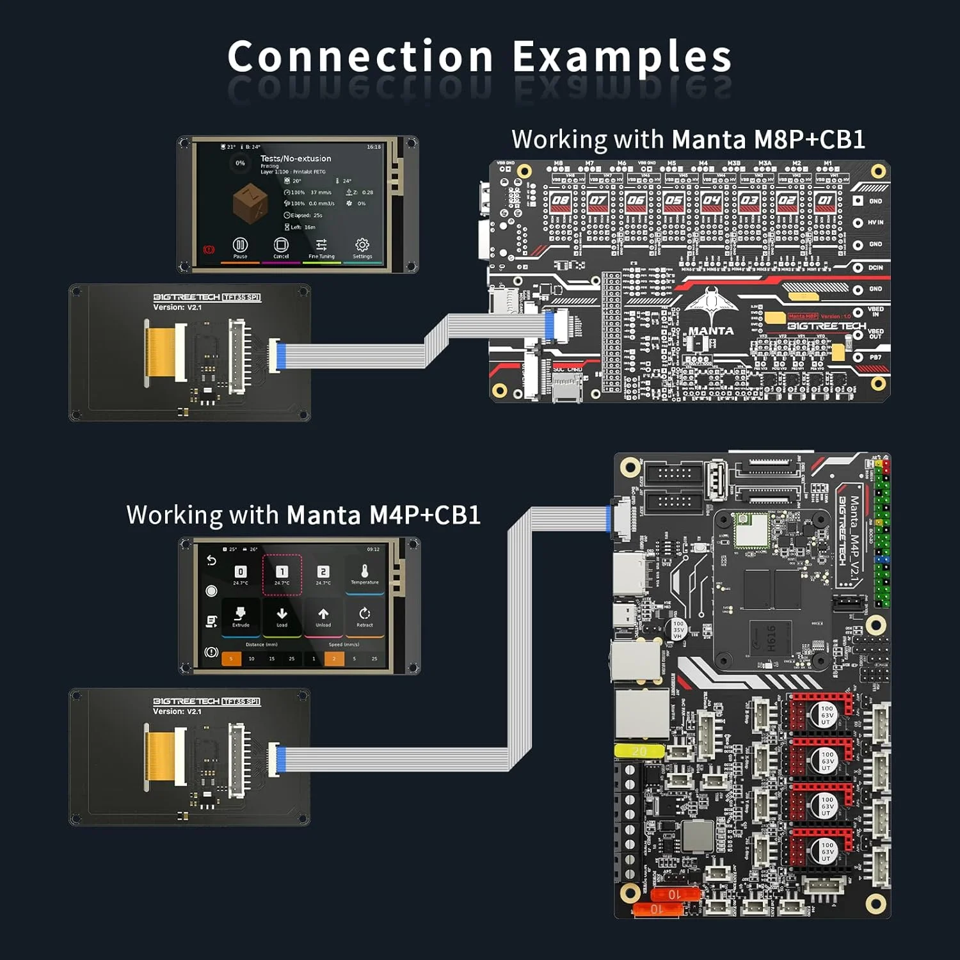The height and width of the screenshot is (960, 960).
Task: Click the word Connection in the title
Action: pyautogui.click(x=360, y=56)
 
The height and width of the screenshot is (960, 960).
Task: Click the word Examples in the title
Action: pyautogui.click(x=621, y=56)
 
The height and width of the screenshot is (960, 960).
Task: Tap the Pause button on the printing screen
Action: pyautogui.click(x=240, y=247)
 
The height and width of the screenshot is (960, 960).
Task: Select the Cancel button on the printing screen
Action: pyautogui.click(x=281, y=247)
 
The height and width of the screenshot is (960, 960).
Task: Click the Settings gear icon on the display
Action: pyautogui.click(x=362, y=247)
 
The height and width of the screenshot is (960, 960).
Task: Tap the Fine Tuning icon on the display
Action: pyautogui.click(x=321, y=247)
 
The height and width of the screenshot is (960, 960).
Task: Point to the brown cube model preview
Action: pyautogui.click(x=250, y=203)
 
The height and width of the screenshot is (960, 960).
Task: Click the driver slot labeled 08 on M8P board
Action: pyautogui.click(x=560, y=200)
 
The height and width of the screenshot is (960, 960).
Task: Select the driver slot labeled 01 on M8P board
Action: pyautogui.click(x=825, y=200)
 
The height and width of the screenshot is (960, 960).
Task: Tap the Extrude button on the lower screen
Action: pyautogui.click(x=241, y=616)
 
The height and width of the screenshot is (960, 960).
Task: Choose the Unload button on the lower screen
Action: pyautogui.click(x=323, y=616)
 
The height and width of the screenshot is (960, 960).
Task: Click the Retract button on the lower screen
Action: pyautogui.click(x=365, y=616)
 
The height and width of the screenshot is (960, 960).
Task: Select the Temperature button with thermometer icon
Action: pyautogui.click(x=365, y=573)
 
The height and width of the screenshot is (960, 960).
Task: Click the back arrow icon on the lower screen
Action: pyautogui.click(x=211, y=561)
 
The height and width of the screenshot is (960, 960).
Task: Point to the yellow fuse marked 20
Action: pyautogui.click(x=639, y=751)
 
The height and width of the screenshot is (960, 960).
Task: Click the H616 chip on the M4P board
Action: pyautogui.click(x=772, y=637)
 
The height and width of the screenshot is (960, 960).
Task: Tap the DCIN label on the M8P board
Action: pyautogui.click(x=875, y=268)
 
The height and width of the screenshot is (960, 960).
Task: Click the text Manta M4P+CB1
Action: pyautogui.click(x=383, y=515)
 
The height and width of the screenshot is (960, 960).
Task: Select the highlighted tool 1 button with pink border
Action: pyautogui.click(x=282, y=574)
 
